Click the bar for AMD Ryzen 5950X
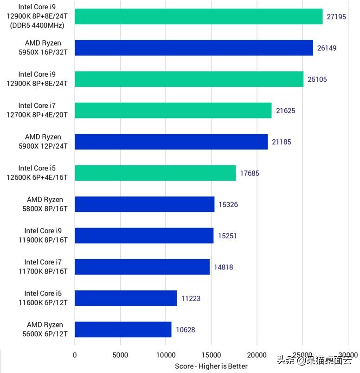194,48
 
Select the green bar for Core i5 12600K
155,173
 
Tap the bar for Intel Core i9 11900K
144,236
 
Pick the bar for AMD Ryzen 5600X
123,330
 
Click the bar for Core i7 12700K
173,111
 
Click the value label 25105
317,79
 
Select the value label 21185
282,142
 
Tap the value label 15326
228,204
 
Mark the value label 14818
224,267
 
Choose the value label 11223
191,298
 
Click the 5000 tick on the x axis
120,355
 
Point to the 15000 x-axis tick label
212,355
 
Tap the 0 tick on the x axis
75,355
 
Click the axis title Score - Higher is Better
211,366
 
